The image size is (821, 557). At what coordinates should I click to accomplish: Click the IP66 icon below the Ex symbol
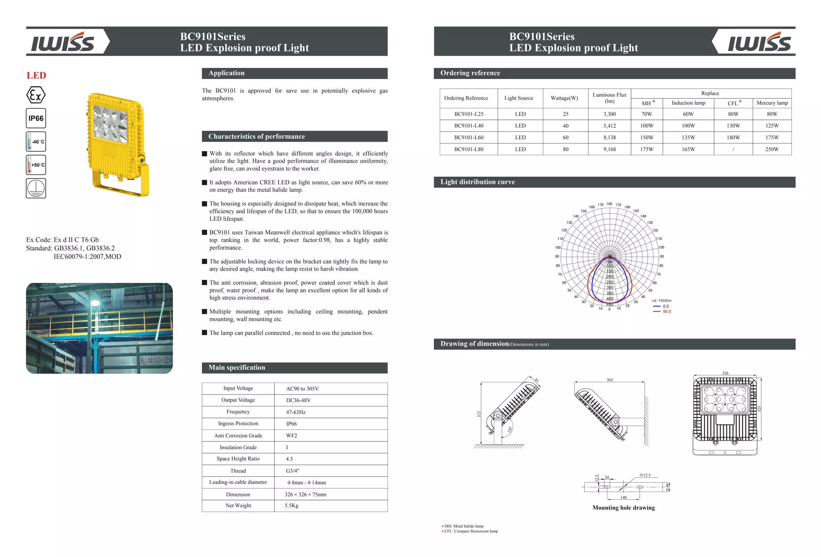tap(36, 118)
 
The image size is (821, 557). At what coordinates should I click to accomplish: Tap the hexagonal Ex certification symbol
tap(36, 95)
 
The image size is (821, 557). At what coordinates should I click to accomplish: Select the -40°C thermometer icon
tap(36, 142)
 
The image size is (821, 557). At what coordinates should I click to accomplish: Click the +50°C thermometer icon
tap(36, 165)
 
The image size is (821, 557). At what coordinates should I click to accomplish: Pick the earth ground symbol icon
tap(36, 188)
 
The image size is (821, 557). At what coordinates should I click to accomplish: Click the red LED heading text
tap(36, 75)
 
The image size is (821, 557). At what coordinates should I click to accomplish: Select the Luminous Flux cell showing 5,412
tap(609, 126)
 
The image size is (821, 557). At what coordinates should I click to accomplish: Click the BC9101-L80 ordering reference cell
tap(469, 149)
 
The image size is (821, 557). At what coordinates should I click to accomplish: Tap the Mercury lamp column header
tap(772, 103)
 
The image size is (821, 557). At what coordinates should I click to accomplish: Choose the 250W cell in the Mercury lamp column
tap(772, 149)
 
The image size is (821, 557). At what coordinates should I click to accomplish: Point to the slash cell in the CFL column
tap(733, 149)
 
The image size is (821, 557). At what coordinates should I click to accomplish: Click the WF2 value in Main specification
tap(291, 435)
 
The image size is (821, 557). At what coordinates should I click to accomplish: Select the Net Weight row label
tap(238, 506)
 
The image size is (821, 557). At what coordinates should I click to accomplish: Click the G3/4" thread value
tap(292, 471)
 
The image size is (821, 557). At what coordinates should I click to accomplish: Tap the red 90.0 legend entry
tap(666, 312)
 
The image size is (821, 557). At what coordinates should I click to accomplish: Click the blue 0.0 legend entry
tap(665, 306)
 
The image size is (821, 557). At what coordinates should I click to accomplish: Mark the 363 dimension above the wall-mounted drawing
tap(609, 380)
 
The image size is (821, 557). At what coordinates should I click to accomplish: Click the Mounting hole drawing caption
tap(623, 508)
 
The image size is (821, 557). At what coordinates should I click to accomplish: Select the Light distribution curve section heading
tap(477, 182)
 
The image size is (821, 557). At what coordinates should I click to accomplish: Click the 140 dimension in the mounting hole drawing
tap(623, 498)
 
